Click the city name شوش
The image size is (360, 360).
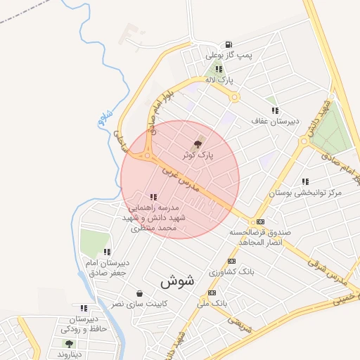point(177,281)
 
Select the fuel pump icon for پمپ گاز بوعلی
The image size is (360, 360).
point(229,44)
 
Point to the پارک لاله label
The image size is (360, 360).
point(219,80)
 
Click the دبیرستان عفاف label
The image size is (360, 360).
point(275,121)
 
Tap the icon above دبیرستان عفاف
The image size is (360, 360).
point(275,110)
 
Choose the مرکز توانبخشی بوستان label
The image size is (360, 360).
point(306,192)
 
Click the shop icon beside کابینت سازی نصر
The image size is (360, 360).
point(139,294)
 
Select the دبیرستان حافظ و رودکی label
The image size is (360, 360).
point(84,324)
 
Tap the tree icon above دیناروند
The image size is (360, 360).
point(69,343)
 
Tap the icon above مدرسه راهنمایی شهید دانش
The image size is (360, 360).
point(153,197)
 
